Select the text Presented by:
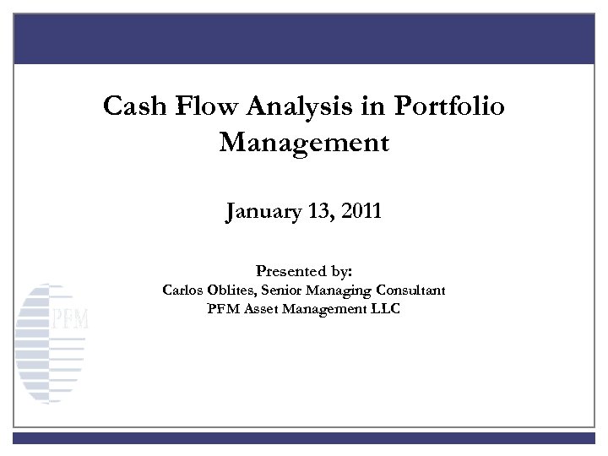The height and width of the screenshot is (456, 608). coord(304,272)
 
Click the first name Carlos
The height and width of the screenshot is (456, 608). coord(182,290)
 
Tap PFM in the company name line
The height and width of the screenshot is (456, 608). coord(221,308)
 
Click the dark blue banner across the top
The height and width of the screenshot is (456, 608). coord(304,37)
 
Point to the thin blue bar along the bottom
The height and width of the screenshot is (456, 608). coord(304,438)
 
